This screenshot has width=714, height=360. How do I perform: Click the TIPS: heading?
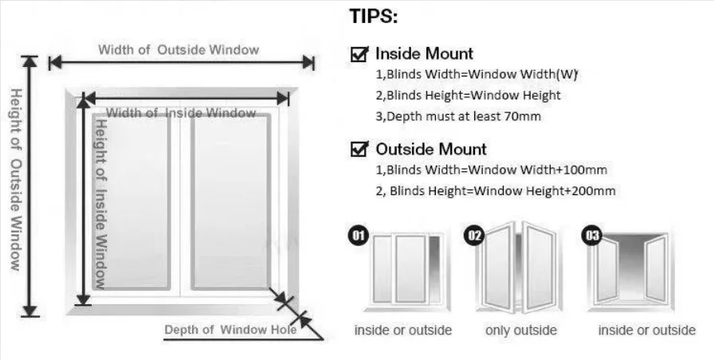point(374,18)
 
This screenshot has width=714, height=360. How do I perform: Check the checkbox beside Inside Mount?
point(359,54)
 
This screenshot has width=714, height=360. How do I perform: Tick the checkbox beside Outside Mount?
point(359,149)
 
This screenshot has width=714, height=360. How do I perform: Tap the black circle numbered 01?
point(359,237)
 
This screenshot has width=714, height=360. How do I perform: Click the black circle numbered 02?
point(475,237)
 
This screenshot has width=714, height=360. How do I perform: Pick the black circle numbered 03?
point(592,237)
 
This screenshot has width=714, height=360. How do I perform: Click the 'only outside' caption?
point(521,330)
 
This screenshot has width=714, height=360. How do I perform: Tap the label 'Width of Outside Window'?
point(178,49)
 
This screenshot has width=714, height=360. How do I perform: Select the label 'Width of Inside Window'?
point(182,113)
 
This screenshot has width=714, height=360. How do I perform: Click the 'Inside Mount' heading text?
point(424,54)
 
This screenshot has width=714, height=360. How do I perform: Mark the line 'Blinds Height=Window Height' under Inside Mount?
point(468,96)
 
